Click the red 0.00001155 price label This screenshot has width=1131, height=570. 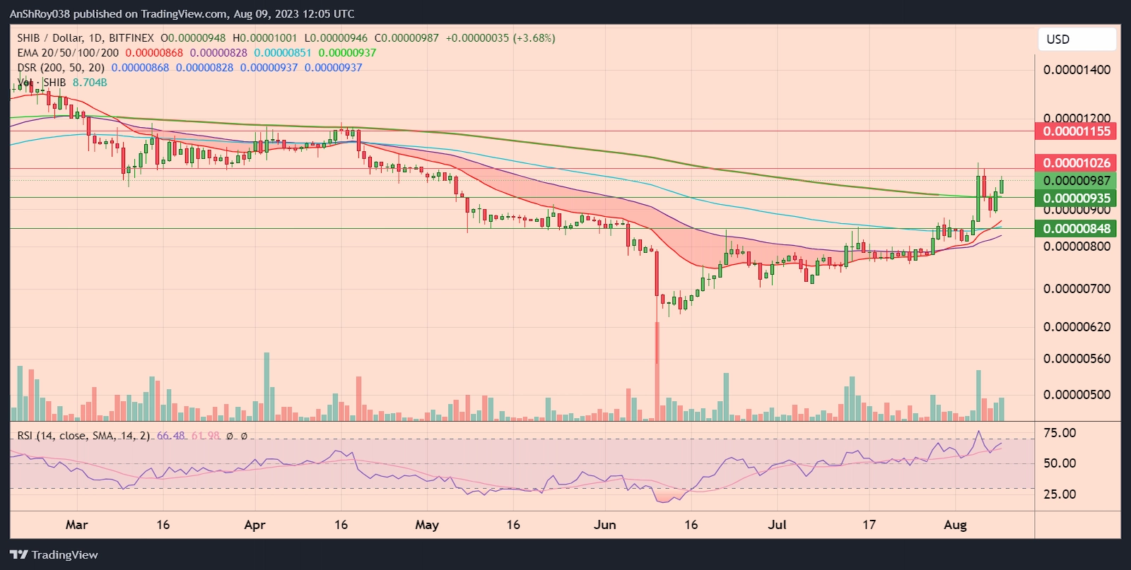(1076, 131)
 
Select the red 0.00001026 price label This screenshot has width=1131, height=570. (1076, 162)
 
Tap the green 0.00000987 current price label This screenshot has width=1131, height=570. (1076, 181)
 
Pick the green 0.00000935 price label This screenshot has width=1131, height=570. (1076, 198)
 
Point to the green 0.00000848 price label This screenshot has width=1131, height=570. (1076, 228)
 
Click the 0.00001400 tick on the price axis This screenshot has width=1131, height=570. (1076, 70)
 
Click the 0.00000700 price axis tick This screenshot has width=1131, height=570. (1076, 288)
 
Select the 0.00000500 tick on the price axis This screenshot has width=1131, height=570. (1076, 394)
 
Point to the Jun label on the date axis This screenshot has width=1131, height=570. (604, 525)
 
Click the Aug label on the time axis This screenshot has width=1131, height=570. (955, 525)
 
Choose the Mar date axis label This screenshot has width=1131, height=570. (76, 525)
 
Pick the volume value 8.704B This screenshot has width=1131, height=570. (90, 83)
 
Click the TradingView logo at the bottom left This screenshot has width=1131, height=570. (54, 555)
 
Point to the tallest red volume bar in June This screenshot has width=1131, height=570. (657, 374)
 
